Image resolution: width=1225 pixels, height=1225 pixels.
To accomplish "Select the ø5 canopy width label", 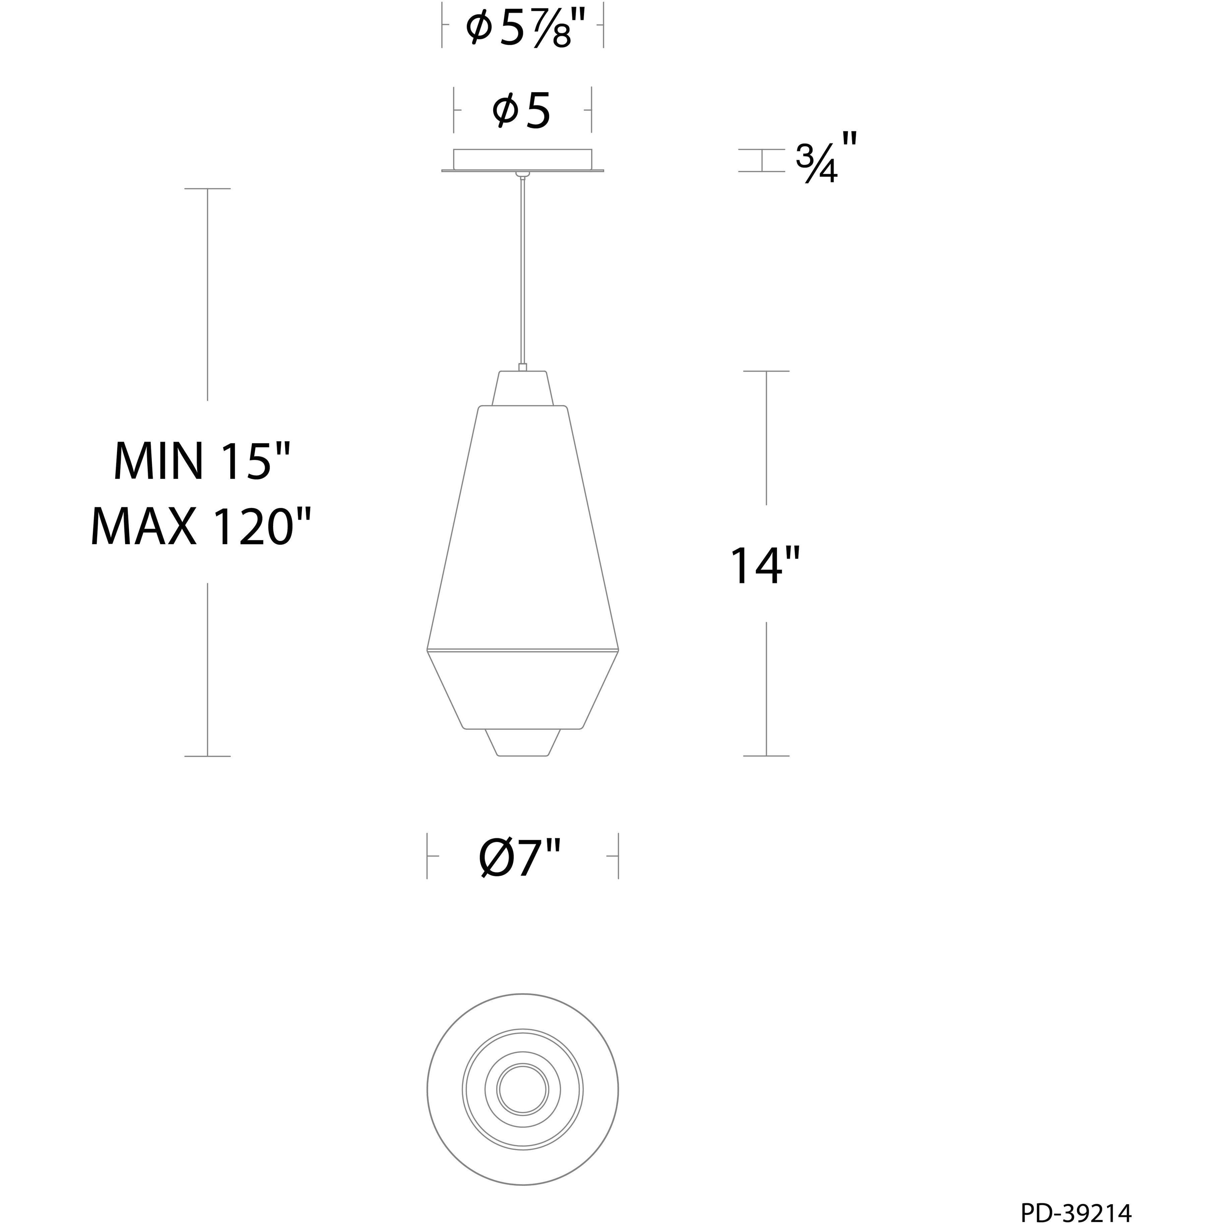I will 521,111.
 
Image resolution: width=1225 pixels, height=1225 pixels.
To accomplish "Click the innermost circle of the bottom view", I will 522,1089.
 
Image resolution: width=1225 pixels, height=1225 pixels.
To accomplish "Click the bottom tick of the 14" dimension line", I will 766,756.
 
